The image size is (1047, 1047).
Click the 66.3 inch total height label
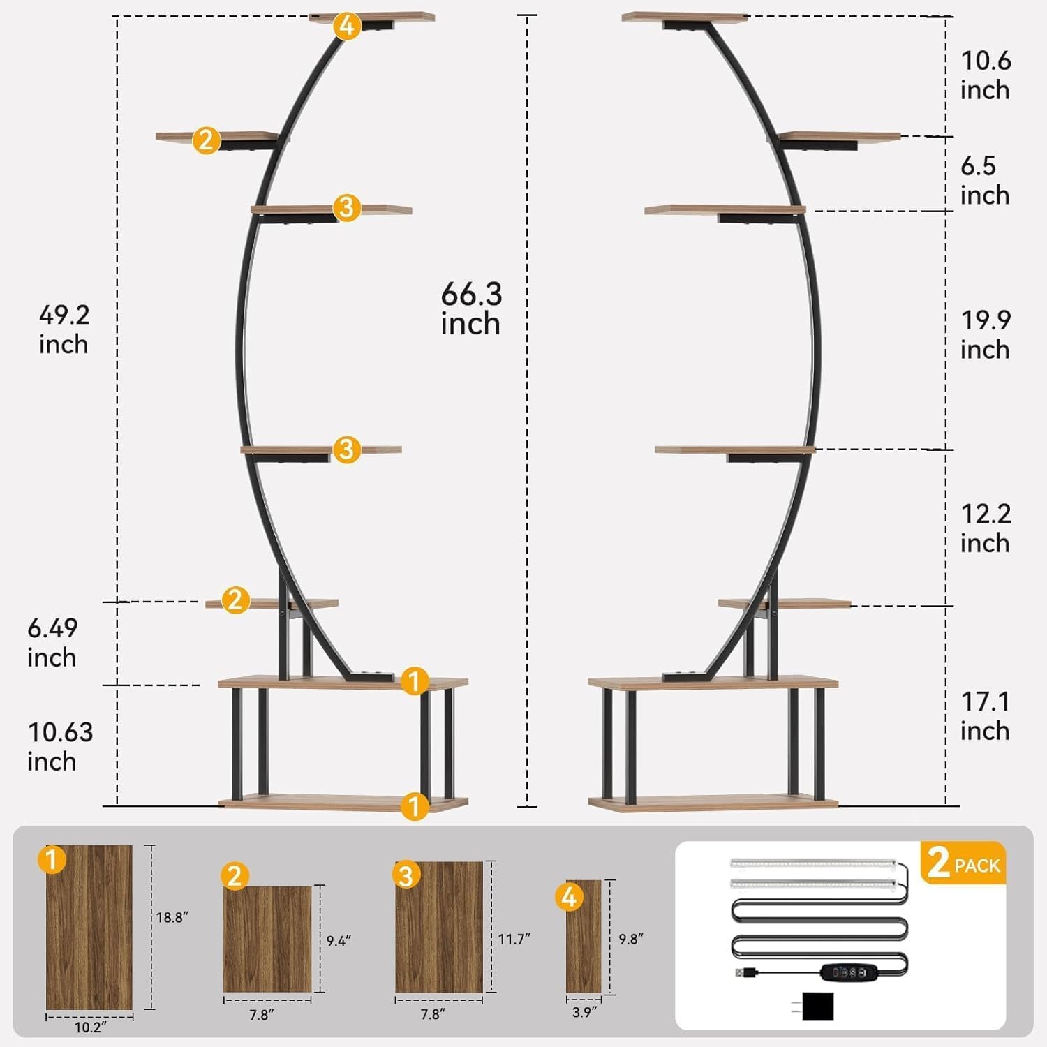point(471,309)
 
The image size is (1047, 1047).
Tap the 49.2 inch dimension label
point(64,329)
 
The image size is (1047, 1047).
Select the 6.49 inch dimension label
point(52,643)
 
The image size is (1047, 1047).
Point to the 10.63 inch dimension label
point(60,747)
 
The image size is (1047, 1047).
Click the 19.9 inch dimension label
point(986,334)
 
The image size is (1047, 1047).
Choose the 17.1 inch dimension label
point(986,716)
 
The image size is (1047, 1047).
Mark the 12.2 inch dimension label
point(986,528)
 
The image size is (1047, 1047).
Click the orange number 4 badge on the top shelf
point(347,26)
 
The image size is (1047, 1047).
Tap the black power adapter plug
point(817,1006)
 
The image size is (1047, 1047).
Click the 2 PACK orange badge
point(964,863)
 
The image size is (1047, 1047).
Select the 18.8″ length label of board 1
point(172,917)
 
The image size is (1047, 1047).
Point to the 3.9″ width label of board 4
point(584,1012)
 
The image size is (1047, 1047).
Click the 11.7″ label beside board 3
point(514,940)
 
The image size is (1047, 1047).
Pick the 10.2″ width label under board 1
point(90,1027)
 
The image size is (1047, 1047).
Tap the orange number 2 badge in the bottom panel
point(235,875)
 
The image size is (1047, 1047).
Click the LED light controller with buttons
point(847,971)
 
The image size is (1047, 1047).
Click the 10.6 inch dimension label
point(986,75)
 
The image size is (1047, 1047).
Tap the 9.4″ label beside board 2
point(338,941)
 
